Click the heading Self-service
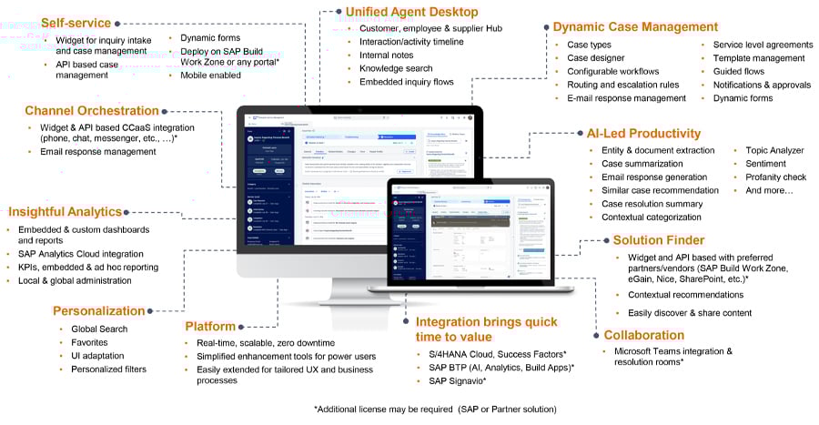click(76, 23)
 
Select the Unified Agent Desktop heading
click(411, 12)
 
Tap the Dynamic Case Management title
click(635, 26)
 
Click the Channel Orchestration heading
click(92, 111)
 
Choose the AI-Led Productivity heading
click(643, 133)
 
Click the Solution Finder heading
click(658, 240)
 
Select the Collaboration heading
click(643, 335)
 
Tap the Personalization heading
click(99, 310)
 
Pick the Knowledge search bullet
click(396, 68)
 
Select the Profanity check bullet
click(775, 177)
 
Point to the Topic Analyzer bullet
click(774, 150)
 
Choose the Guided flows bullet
click(740, 71)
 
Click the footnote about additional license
click(434, 410)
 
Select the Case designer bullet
click(596, 58)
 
